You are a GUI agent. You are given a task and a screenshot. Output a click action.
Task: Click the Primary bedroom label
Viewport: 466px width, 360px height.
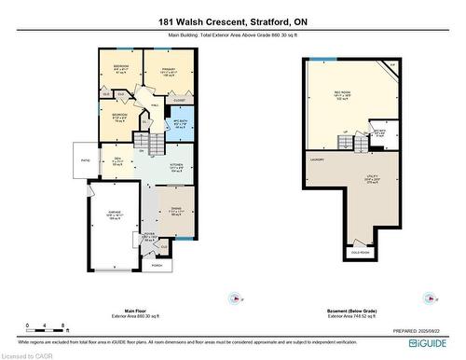point(169,67)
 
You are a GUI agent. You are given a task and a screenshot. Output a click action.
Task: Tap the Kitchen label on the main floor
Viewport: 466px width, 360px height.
point(176,164)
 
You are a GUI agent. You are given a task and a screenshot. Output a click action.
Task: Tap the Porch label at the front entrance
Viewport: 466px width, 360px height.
point(156,265)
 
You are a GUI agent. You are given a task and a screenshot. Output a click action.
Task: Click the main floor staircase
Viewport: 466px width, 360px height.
point(141,141)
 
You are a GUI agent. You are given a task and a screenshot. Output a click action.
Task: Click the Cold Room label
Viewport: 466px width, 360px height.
point(359,252)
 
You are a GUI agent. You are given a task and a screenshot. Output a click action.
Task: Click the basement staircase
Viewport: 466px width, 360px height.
point(349,141)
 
